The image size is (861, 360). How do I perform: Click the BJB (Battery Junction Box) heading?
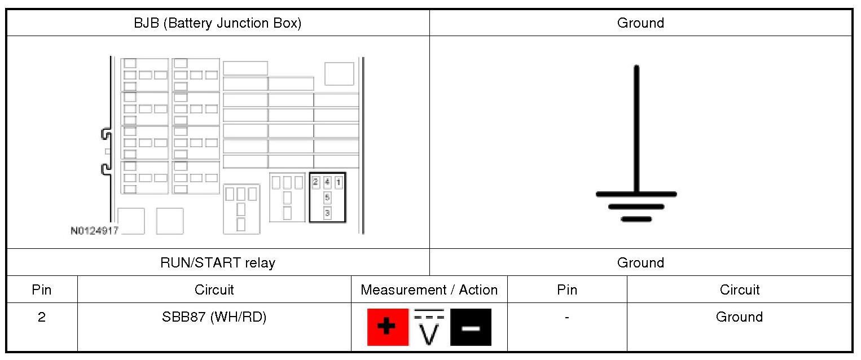217,23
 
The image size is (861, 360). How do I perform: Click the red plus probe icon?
388,327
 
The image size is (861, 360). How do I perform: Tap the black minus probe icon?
471,327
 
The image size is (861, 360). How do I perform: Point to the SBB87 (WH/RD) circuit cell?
214,317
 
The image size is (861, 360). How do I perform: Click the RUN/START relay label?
218,262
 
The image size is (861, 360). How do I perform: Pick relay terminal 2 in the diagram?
315,182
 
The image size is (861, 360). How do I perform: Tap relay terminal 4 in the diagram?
327,182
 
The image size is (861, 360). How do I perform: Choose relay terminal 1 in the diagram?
339,182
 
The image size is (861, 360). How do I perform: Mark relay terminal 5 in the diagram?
327,197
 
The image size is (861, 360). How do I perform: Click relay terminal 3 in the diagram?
327,213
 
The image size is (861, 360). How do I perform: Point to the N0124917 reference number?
94,231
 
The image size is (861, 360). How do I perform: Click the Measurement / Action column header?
429,290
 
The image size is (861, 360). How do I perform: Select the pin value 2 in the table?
42,317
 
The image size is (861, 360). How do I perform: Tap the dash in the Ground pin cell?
566,317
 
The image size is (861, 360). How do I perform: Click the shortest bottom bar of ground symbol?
636,219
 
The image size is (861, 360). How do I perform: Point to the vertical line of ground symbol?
636,130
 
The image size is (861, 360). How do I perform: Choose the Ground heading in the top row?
640,23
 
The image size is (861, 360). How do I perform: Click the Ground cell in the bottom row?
739,317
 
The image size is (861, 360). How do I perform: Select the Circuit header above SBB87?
214,290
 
